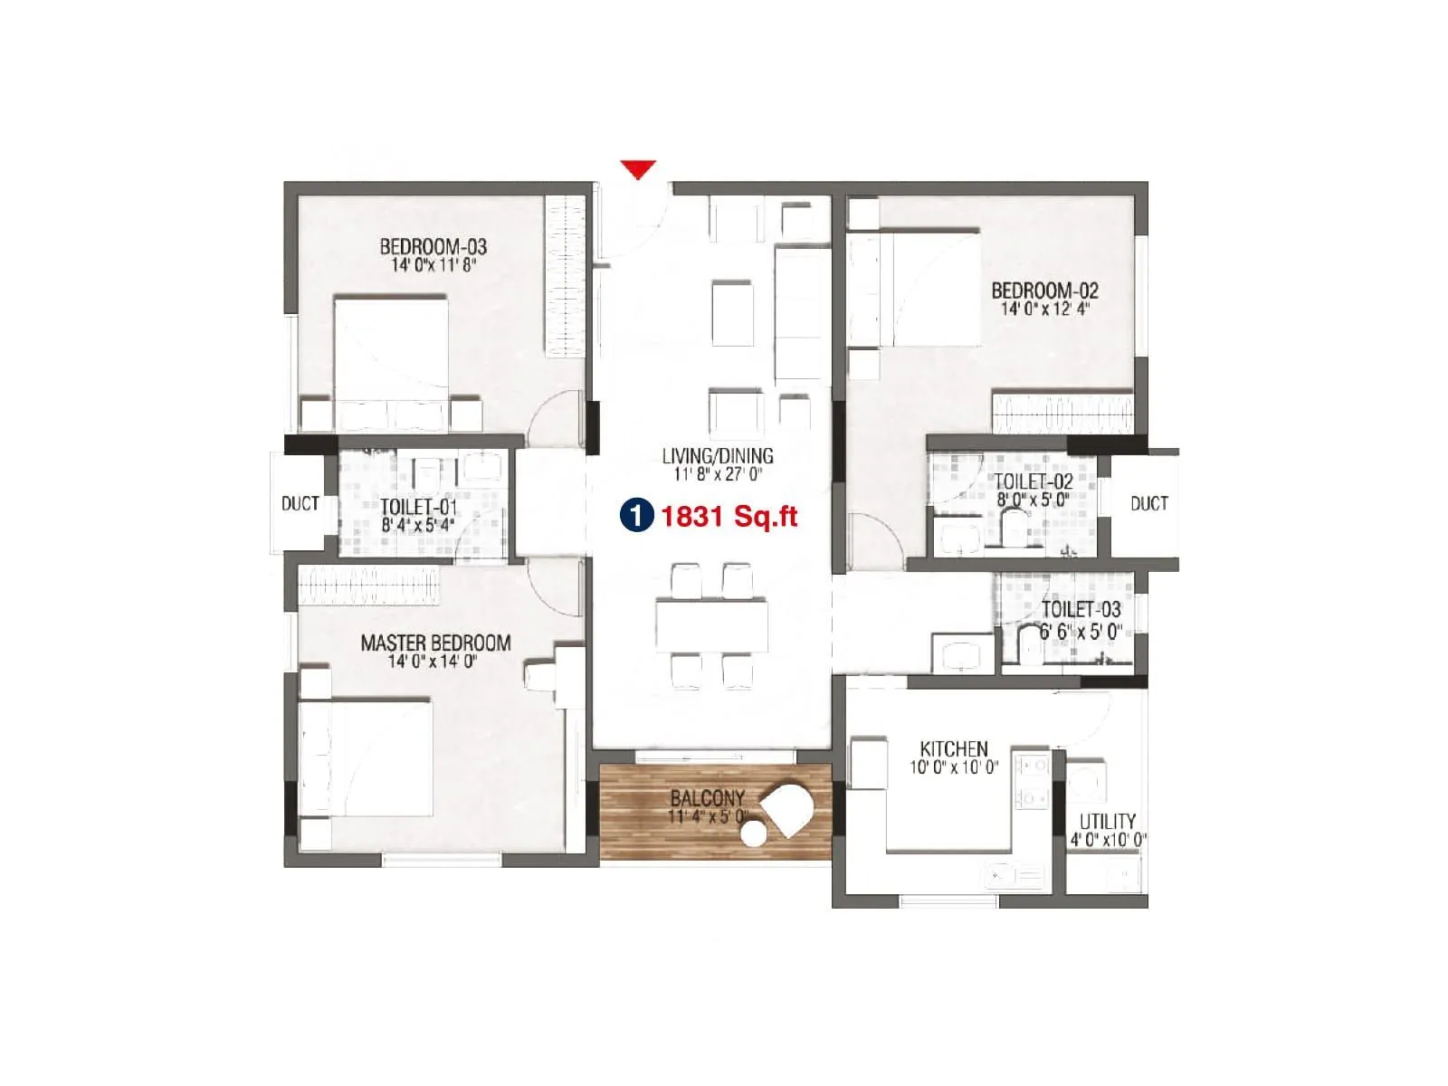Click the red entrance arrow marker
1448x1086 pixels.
(638, 169)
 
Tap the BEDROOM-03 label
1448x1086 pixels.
(433, 246)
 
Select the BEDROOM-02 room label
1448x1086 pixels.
(1044, 291)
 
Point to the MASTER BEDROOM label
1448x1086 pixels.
(435, 643)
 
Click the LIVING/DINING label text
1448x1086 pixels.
(718, 455)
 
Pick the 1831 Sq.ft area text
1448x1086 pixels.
(729, 517)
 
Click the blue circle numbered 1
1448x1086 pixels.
(636, 516)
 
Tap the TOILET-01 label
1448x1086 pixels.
(418, 506)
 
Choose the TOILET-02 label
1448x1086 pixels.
(1033, 481)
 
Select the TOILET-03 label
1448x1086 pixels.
(1081, 609)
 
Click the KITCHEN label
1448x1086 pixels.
(954, 748)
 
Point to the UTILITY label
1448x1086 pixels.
(1108, 821)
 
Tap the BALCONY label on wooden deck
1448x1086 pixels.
(707, 798)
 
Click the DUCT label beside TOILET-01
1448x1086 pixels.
(300, 503)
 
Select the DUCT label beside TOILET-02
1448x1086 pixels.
(1148, 503)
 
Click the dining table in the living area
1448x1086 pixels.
(712, 625)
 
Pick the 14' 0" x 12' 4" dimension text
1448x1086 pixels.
(1044, 309)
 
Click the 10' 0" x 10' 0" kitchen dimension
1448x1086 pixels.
(954, 767)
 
